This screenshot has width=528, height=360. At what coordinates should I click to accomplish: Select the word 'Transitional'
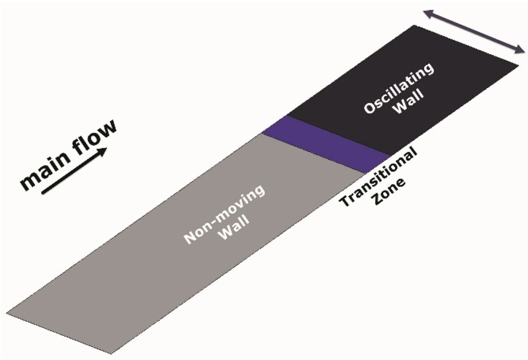coord(378,178)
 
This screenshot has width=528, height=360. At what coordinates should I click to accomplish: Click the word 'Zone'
coord(391,192)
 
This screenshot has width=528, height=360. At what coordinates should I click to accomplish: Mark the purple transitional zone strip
coord(325,143)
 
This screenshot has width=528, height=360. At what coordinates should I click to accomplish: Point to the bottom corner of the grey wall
coord(111,354)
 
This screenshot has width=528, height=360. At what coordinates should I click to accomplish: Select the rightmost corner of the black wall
coord(518,64)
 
